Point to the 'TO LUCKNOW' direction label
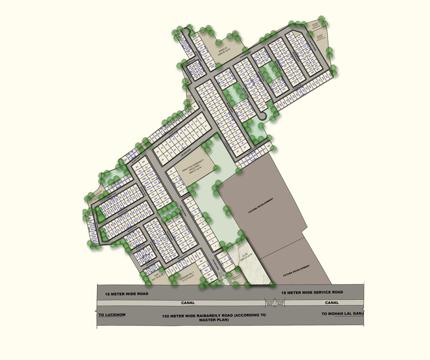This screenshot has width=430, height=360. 112,315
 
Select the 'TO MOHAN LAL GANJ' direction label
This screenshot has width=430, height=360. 342,314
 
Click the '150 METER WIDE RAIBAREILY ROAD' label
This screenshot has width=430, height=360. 214,317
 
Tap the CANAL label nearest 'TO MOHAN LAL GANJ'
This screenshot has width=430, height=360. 331,303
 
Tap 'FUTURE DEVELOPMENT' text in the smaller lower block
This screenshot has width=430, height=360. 295,268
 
